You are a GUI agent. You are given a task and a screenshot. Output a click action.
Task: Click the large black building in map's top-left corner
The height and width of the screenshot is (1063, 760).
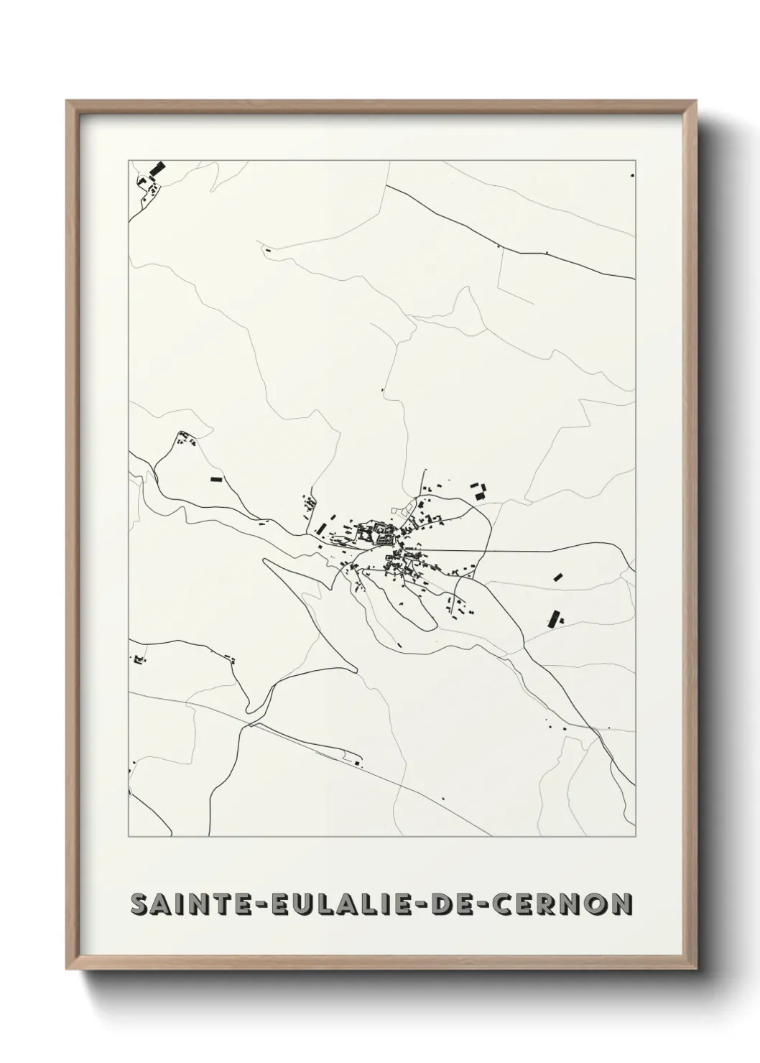(156, 170)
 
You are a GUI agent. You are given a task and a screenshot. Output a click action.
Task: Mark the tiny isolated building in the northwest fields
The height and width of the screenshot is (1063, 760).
(267, 250)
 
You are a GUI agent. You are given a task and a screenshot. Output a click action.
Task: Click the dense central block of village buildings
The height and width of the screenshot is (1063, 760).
(377, 532)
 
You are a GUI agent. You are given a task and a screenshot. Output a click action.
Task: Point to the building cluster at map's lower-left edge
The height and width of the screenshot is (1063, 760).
(139, 659)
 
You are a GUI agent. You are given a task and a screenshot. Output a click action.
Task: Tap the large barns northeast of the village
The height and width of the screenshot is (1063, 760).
(479, 492)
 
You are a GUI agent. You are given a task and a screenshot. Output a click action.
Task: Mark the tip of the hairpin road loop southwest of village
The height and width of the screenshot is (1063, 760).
(267, 561)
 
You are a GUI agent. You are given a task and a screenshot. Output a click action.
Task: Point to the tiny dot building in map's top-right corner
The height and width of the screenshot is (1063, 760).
(631, 175)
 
